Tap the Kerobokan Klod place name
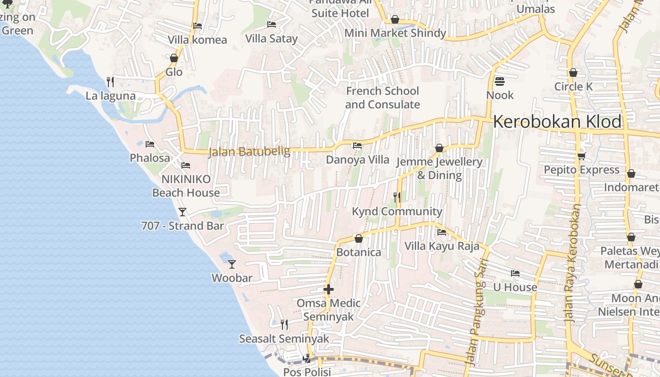[557, 122]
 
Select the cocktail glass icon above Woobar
[231, 264]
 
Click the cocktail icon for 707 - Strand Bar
[182, 212]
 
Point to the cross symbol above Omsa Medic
[329, 289]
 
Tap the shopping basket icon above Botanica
[358, 238]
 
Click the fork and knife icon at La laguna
[110, 82]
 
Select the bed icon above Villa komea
[198, 26]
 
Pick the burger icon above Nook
[500, 82]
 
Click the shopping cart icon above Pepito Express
[581, 156]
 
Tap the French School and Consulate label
[382, 98]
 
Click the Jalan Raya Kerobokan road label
[573, 264]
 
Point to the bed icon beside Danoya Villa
[357, 146]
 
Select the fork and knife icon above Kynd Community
[397, 197]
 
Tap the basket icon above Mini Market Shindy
[395, 19]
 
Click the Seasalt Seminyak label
[284, 339]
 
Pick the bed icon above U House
[515, 273]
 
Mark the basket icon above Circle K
[573, 73]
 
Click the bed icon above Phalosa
[150, 144]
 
